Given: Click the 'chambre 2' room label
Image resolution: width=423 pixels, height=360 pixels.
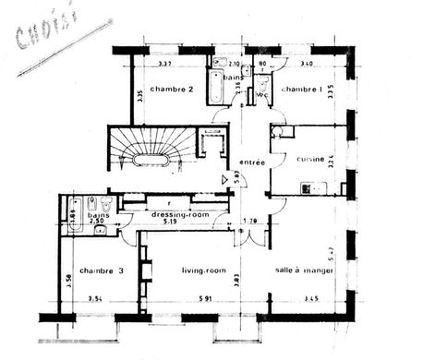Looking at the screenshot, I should [171, 90].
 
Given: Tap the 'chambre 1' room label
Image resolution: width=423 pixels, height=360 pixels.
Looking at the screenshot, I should [301, 90].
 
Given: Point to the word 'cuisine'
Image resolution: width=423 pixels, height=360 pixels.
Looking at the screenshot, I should [309, 159].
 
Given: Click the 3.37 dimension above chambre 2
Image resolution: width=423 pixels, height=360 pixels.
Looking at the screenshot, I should [165, 64].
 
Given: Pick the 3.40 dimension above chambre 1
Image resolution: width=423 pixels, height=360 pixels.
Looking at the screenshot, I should [307, 64].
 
